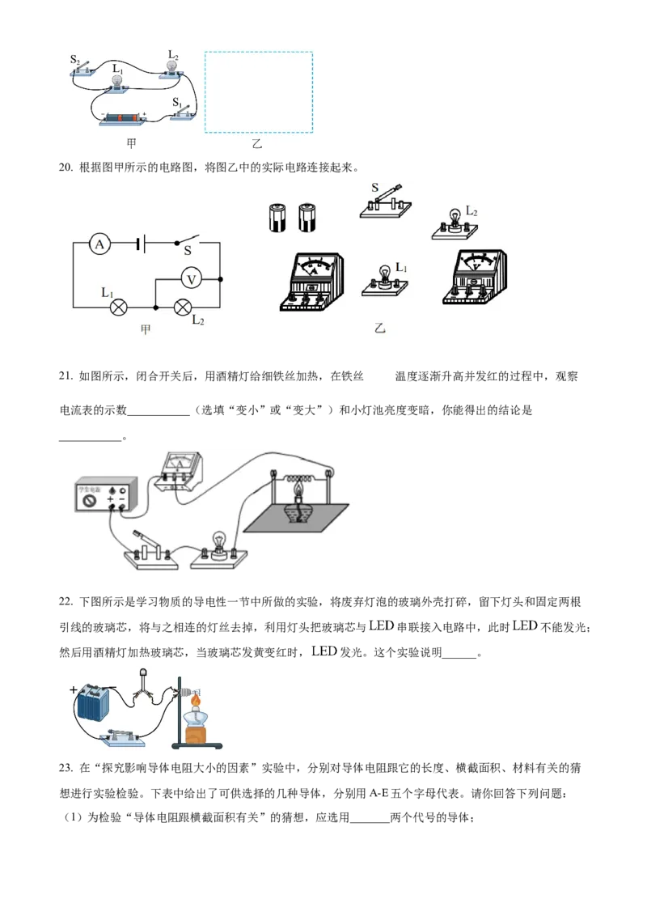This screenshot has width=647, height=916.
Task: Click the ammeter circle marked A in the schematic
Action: [99, 244]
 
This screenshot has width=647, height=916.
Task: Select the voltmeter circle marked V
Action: [191, 279]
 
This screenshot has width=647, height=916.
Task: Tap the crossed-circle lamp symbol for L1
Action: [118, 307]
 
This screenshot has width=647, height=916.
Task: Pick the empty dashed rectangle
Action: [259, 91]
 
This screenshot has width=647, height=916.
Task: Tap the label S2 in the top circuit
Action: [75, 59]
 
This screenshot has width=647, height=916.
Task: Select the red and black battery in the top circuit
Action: [121, 120]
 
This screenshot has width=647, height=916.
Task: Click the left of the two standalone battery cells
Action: [278, 217]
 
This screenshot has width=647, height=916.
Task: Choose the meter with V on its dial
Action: [474, 277]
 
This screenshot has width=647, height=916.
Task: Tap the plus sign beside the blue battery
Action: [74, 689]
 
